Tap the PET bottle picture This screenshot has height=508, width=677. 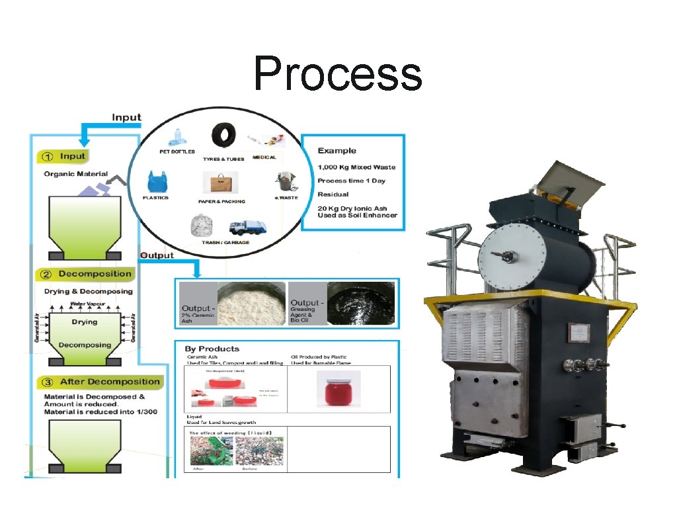(176, 139)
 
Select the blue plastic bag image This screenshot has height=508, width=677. (155, 182)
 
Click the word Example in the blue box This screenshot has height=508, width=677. (337, 151)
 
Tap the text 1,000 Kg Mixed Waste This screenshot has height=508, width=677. (356, 167)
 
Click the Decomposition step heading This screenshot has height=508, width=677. (95, 274)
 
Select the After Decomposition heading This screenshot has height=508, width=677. (110, 382)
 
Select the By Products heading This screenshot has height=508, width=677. (212, 349)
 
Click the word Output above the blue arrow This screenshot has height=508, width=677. (157, 255)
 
